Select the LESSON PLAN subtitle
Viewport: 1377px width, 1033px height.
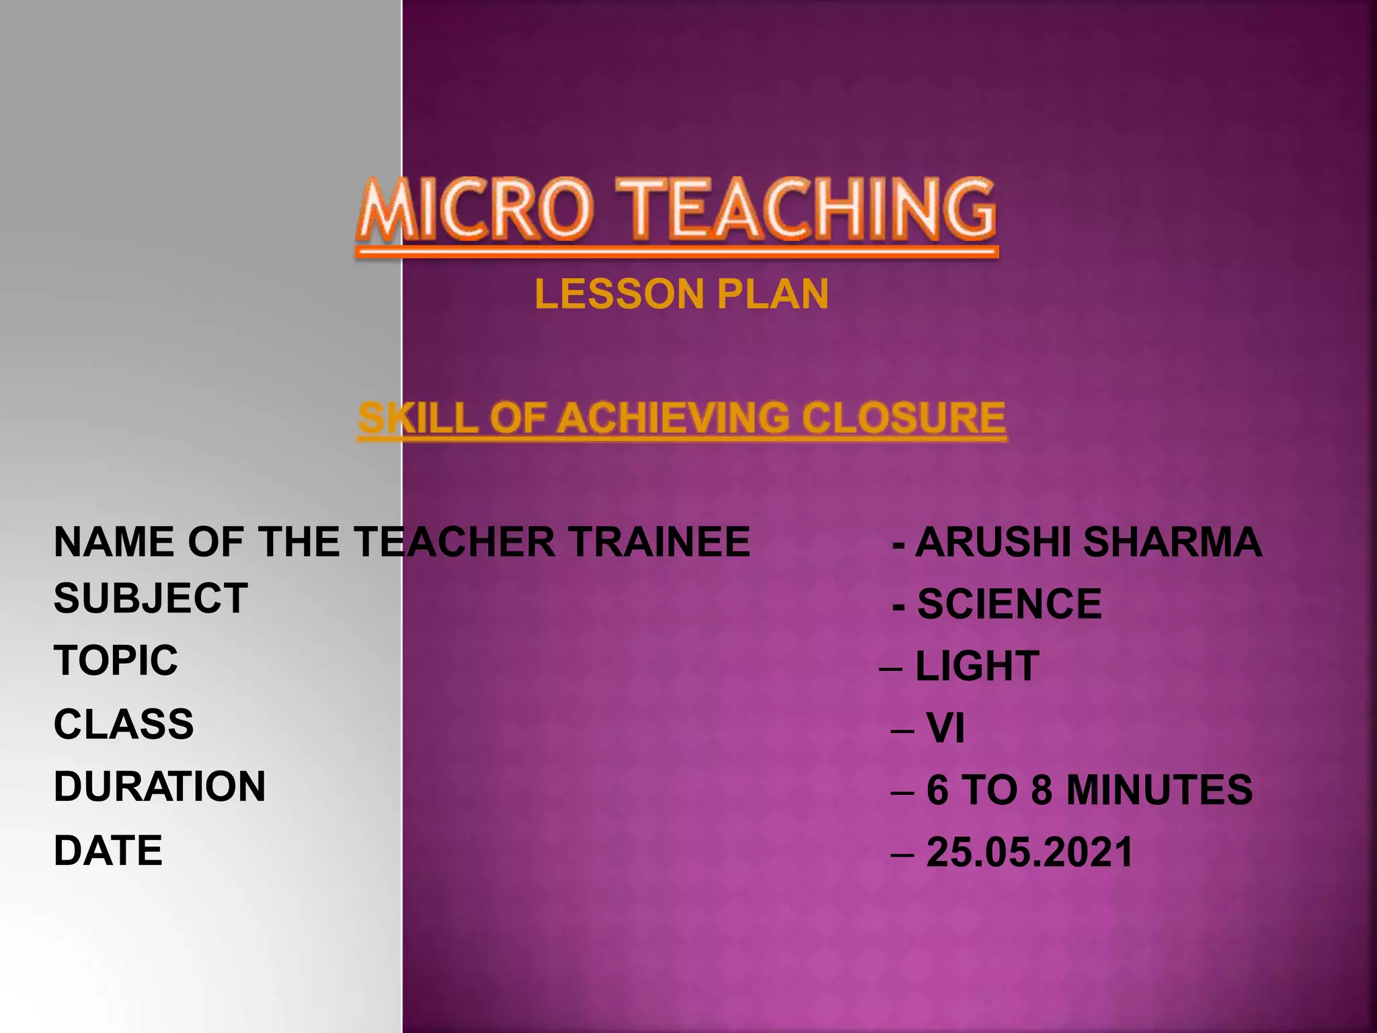click(682, 295)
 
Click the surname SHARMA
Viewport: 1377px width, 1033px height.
click(1173, 542)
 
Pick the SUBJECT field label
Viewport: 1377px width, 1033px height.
click(151, 599)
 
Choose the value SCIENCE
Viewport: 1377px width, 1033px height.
click(1009, 604)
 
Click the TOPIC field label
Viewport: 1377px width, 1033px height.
click(116, 660)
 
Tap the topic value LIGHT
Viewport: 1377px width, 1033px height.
click(977, 666)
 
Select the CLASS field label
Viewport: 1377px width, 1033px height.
click(124, 724)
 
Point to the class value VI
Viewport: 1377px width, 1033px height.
click(945, 728)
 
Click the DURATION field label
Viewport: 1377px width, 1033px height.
click(159, 787)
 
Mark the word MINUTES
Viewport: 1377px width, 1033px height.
click(1159, 790)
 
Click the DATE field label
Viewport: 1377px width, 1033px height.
click(108, 851)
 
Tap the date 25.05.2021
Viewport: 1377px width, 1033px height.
click(1029, 853)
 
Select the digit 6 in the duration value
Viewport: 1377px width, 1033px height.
click(937, 790)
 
